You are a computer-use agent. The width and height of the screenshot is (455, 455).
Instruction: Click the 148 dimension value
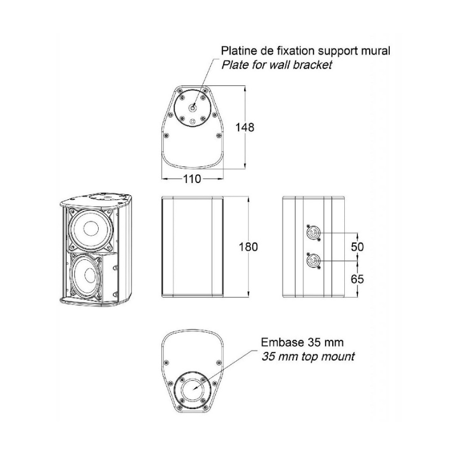click(x=245, y=127)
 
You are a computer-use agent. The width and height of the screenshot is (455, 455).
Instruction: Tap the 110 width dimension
click(x=192, y=179)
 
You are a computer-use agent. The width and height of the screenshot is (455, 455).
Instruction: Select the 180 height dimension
click(x=248, y=247)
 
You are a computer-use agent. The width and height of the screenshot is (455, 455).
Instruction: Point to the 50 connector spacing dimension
click(x=357, y=247)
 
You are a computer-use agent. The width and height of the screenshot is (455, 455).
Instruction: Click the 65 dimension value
click(x=357, y=279)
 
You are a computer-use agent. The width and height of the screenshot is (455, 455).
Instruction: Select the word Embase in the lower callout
click(x=279, y=342)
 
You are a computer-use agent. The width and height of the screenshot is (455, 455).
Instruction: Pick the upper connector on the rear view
click(x=312, y=233)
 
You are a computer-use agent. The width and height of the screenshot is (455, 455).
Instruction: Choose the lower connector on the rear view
click(x=312, y=260)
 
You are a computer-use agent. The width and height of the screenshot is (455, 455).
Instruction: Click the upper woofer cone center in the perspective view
click(x=90, y=229)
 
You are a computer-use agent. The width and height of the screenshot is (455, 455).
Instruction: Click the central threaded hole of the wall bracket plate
click(x=193, y=108)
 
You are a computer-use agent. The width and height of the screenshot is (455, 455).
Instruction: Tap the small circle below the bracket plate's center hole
click(x=193, y=121)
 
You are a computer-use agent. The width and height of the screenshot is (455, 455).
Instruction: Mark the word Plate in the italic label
click(x=233, y=64)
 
